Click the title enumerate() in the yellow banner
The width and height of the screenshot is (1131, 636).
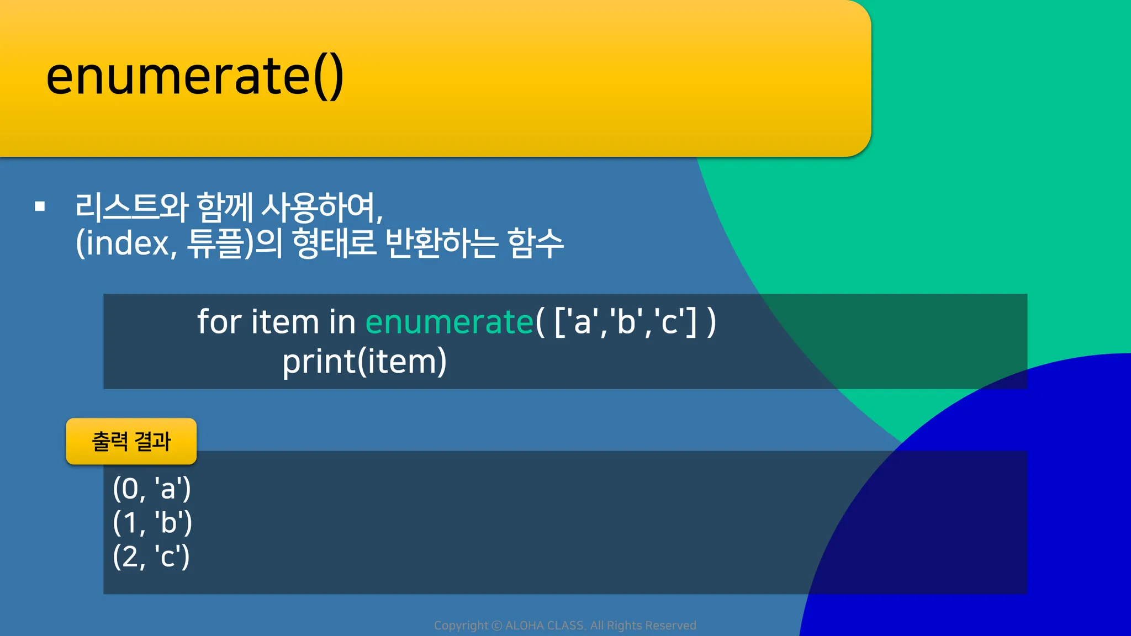pos(195,77)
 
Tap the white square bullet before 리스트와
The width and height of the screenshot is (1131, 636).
pos(40,206)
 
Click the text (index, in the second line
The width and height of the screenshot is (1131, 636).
pos(126,243)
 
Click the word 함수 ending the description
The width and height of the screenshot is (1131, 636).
pos(535,243)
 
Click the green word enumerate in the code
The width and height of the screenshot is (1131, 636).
pos(450,322)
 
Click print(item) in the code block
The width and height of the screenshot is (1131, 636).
pos(364,362)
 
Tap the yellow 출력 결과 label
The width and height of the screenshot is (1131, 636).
pos(131,441)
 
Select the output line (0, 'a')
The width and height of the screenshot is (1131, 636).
pos(152,489)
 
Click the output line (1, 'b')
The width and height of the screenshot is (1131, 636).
pos(152,522)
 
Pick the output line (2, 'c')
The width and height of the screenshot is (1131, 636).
pos(151,556)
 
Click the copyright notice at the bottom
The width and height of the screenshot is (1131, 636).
pos(565,626)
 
